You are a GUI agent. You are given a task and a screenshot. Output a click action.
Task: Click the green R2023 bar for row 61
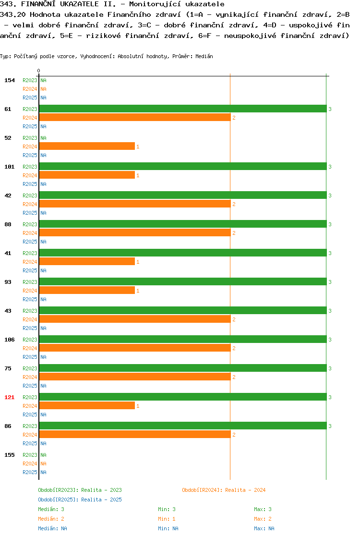pos(183,109)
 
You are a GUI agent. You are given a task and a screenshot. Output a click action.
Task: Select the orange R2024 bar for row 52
pos(87,146)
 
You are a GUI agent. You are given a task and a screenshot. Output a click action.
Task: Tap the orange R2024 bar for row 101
pos(87,175)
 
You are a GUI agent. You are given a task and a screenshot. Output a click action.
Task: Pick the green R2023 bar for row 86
pos(183,426)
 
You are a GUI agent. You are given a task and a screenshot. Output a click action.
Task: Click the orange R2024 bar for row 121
pos(87,406)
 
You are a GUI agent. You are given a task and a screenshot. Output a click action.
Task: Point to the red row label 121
pos(10,397)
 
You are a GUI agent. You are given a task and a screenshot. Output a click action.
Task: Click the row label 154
pos(10,80)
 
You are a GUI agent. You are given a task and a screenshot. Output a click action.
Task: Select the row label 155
pos(10,455)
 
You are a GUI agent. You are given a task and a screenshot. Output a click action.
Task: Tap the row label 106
pos(10,340)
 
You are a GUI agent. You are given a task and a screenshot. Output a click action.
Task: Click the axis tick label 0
pos(39,71)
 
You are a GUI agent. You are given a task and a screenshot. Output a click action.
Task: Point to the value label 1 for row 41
pos(138,262)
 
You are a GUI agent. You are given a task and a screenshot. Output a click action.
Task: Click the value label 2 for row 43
pos(234,319)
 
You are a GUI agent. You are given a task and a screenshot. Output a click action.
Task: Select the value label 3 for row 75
pos(330,368)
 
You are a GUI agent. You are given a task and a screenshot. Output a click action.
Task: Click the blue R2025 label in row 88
pos(30,242)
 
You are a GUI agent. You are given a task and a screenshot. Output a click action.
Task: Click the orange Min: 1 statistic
pos(167,519)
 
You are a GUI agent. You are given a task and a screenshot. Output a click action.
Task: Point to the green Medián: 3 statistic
pos(51,509)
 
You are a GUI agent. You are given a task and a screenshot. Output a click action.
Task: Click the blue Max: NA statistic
pos(264,528)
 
